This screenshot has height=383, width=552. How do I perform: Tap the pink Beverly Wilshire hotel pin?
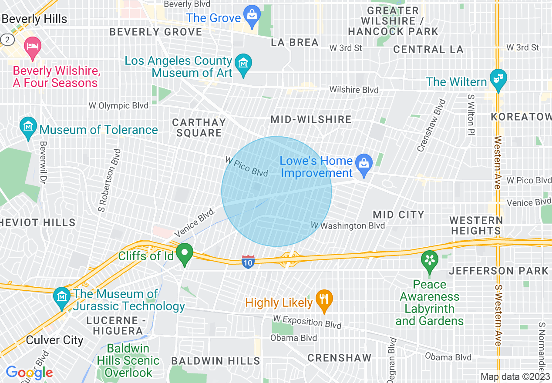click(32, 48)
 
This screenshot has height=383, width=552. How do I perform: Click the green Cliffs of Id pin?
click(185, 254)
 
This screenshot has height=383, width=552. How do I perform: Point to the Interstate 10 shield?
click(248, 262)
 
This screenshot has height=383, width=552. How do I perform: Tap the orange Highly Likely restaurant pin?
click(324, 299)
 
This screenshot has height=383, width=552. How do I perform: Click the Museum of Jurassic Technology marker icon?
click(61, 297)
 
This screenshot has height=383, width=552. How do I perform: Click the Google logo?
click(29, 373)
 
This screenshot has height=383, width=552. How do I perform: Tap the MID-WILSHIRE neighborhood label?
click(311, 119)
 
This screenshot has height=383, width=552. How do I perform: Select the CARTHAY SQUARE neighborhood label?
click(199, 128)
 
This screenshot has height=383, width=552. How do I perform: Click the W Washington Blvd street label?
click(348, 225)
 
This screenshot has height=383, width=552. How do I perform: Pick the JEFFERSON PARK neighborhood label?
click(499, 271)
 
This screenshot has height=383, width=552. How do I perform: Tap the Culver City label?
click(54, 340)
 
